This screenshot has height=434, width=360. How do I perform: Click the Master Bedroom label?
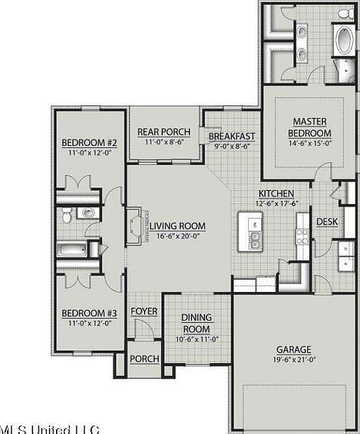pyautogui.click(x=309, y=127)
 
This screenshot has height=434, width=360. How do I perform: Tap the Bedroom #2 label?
pyautogui.click(x=89, y=143)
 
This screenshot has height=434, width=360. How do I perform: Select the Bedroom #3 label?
pyautogui.click(x=89, y=312)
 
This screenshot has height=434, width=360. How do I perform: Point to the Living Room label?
pyautogui.click(x=178, y=226)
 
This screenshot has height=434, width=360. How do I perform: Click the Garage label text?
pyautogui.click(x=293, y=349)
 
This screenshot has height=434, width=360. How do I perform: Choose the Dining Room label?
pyautogui.click(x=196, y=323)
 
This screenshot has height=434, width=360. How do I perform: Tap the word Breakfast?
pyautogui.click(x=232, y=136)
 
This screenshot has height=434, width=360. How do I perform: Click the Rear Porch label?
pyautogui.click(x=163, y=132)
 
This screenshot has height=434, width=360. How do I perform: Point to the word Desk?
pyautogui.click(x=327, y=222)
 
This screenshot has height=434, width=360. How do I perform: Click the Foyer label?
pyautogui.click(x=144, y=311)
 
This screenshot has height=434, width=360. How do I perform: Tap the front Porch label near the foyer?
pyautogui.click(x=143, y=359)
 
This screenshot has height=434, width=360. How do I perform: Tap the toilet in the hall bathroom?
pyautogui.click(x=68, y=216)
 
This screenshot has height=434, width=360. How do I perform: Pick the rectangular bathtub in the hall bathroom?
pyautogui.click(x=71, y=250)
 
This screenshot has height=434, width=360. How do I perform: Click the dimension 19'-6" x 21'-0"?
pyautogui.click(x=293, y=359)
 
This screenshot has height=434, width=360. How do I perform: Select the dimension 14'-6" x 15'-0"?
pyautogui.click(x=309, y=143)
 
